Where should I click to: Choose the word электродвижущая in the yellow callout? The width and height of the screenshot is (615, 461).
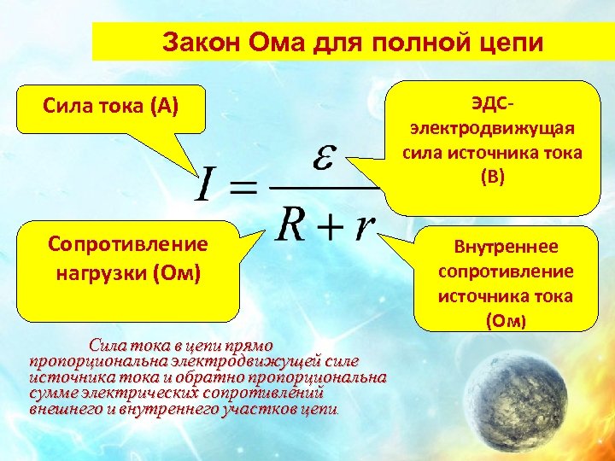(492, 129)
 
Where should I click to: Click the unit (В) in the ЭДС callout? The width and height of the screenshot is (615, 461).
(493, 177)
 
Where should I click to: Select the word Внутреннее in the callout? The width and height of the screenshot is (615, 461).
(506, 248)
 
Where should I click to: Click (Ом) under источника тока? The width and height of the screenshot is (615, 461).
(506, 321)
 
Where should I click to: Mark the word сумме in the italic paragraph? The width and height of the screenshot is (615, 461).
(52, 393)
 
